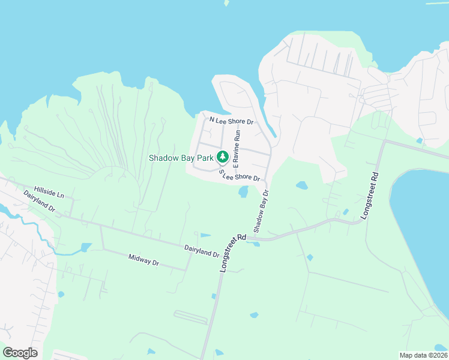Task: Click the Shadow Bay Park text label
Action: click(182, 158)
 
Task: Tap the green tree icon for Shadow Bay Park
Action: click(223, 157)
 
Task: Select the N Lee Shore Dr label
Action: click(232, 121)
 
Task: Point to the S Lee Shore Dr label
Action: click(239, 176)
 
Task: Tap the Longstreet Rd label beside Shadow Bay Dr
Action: click(234, 253)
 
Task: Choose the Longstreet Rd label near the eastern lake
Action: click(370, 196)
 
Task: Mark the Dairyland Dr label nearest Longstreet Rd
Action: click(202, 251)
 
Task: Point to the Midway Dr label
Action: click(143, 260)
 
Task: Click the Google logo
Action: click(20, 353)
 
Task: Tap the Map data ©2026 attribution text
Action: click(423, 355)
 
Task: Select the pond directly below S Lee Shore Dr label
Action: click(244, 192)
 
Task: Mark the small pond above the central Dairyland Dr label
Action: click(205, 235)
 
